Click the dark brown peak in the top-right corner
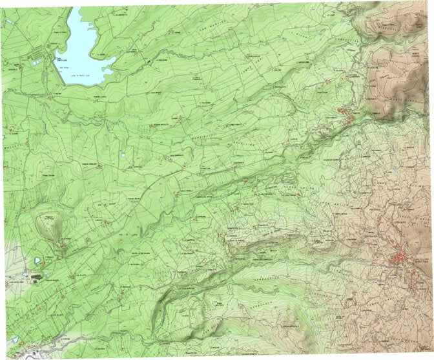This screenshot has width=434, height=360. (x=387, y=23)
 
